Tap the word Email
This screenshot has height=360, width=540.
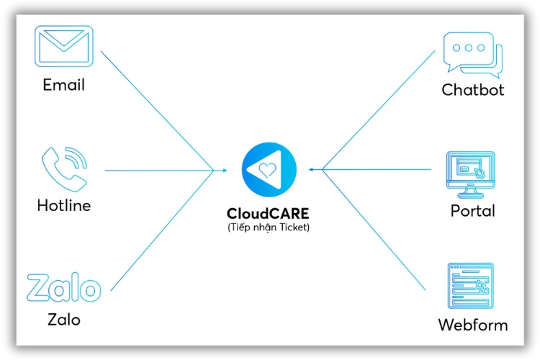pyautogui.click(x=64, y=84)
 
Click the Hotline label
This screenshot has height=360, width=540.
pyautogui.click(x=64, y=205)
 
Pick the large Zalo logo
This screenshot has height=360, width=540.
pyautogui.click(x=63, y=288)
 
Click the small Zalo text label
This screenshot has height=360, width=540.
pyautogui.click(x=63, y=319)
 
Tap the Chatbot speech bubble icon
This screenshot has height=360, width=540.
pyautogui.click(x=472, y=55)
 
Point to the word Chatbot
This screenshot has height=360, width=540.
pyautogui.click(x=473, y=90)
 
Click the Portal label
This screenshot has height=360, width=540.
pyautogui.click(x=473, y=211)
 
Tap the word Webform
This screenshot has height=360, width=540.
pyautogui.click(x=473, y=325)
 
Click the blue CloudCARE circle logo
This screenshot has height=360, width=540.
pyautogui.click(x=268, y=170)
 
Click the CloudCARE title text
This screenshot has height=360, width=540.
pyautogui.click(x=269, y=214)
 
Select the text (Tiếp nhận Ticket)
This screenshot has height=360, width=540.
pyautogui.click(x=269, y=228)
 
